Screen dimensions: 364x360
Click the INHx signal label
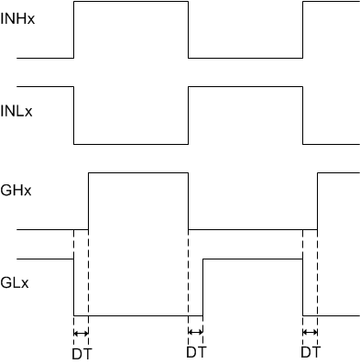coord(17,17)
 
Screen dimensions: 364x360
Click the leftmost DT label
coord(82,351)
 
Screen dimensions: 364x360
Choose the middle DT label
coord(196,351)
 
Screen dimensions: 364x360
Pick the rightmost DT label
coord(311,351)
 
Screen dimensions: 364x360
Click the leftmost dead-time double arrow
coord(82,332)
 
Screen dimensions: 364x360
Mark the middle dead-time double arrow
coord(195,332)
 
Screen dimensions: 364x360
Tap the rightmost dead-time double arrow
coord(310,332)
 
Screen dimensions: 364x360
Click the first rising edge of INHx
coord(73,30)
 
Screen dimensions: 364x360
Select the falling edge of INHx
coord(188,30)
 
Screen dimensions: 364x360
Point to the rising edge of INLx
coord(188,116)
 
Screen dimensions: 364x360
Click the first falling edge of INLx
coord(73,116)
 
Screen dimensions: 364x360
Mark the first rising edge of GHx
coord(88,201)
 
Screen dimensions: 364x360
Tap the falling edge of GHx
coord(188,201)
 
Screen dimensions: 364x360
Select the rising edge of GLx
coord(202,288)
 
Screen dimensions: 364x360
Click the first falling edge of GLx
coord(73,288)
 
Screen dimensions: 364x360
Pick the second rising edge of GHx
coord(317,201)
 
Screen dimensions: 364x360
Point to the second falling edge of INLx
coord(302,116)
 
